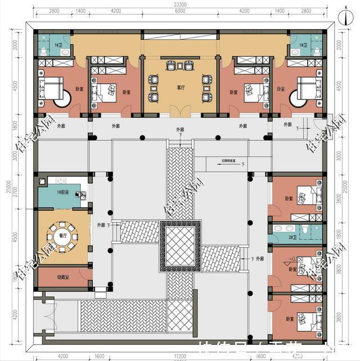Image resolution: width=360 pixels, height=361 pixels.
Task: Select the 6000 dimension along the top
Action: (180, 11)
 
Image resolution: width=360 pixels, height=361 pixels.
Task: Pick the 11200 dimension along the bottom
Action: (180, 356)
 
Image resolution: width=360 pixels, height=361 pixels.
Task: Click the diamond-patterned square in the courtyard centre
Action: (180, 246)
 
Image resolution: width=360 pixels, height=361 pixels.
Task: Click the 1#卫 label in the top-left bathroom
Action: (58, 44)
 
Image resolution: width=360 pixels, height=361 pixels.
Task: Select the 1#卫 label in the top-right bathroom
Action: (303, 44)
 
